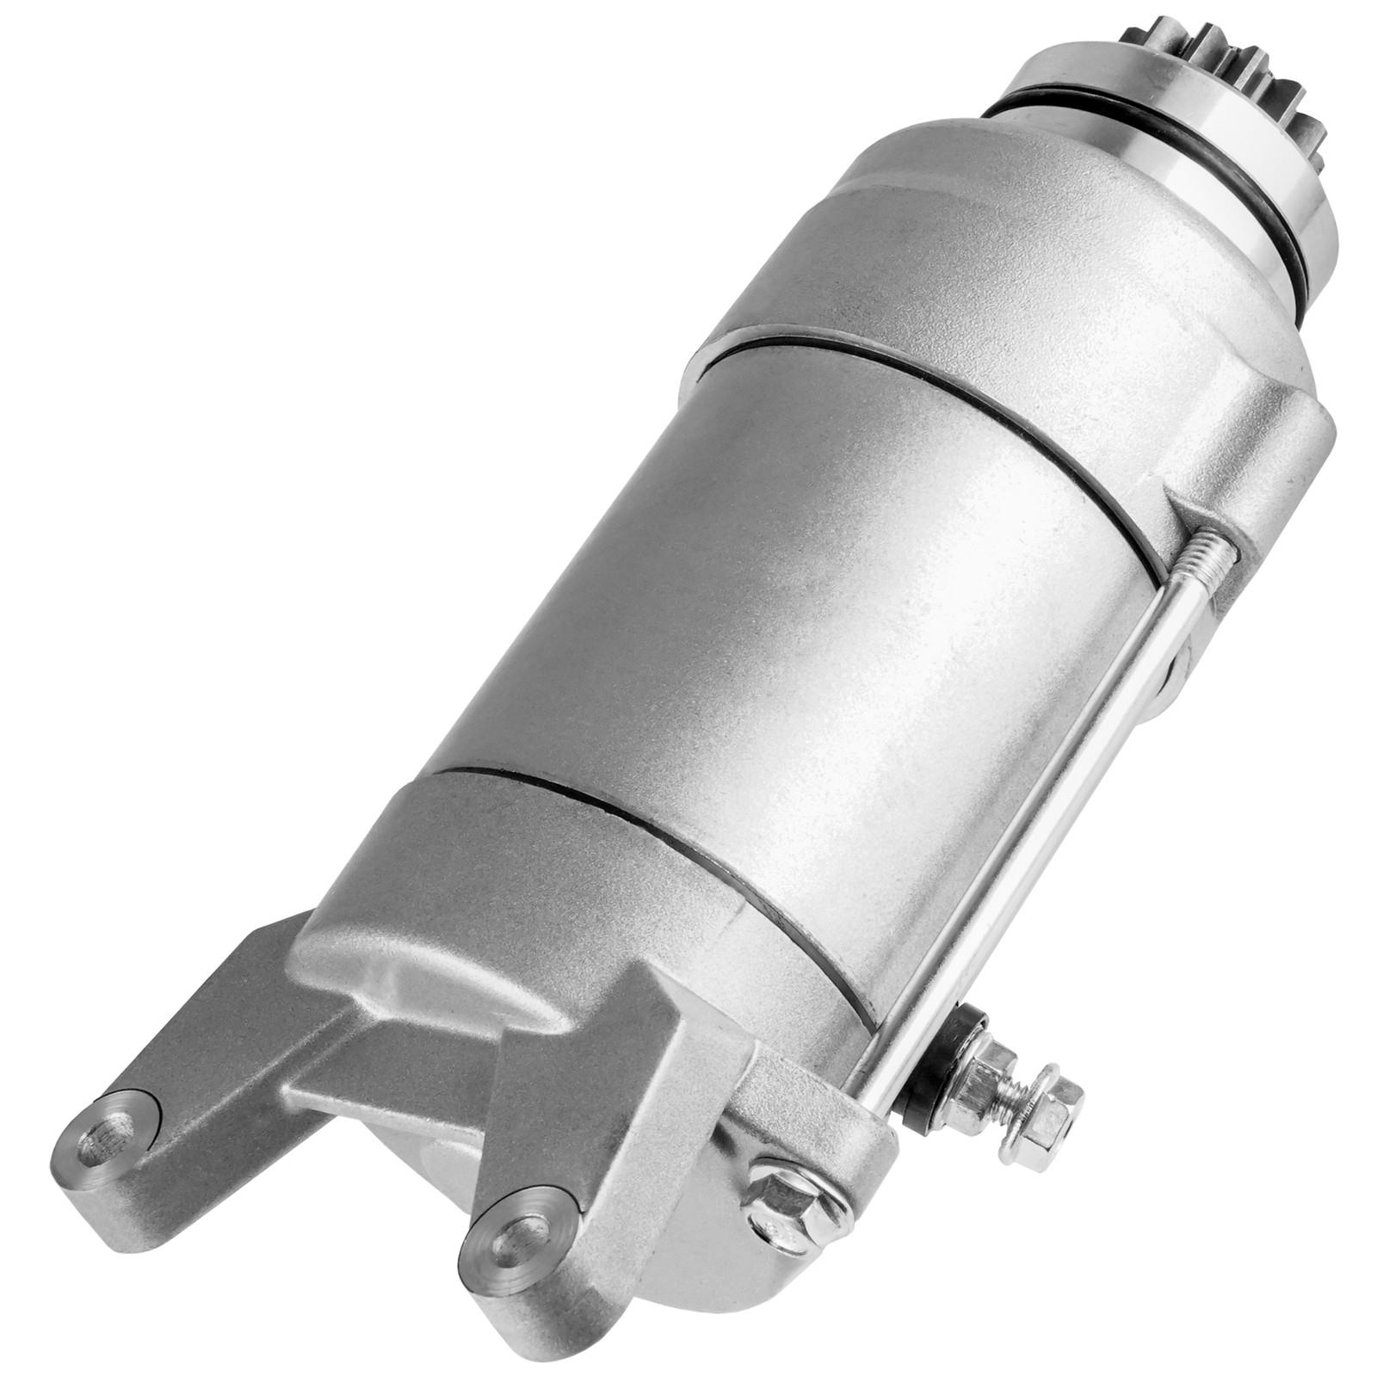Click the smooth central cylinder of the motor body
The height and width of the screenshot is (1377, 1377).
[775, 602]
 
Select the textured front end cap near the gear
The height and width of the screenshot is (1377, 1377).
[1076, 258]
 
